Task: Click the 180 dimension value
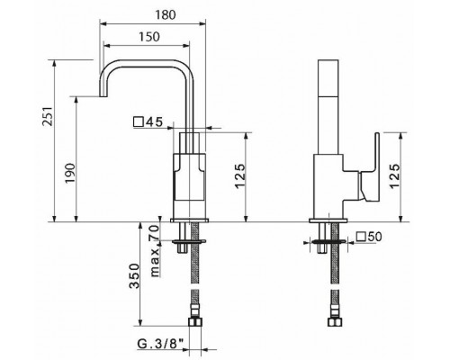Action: tap(166, 14)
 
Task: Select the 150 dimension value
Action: tap(149, 37)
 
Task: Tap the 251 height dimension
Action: tap(49, 116)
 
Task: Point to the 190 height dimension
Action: tap(70, 173)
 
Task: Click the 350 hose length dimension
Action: tap(134, 275)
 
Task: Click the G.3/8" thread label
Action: tap(160, 344)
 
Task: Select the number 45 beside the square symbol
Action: tap(154, 122)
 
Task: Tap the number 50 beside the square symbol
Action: tap(374, 237)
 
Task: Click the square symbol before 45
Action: tap(138, 122)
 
